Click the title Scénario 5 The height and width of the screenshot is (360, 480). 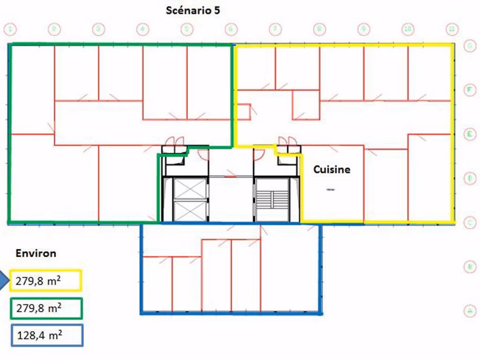[x=192, y=10]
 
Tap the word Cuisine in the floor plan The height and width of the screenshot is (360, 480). [x=332, y=170]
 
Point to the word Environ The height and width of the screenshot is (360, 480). [x=36, y=254]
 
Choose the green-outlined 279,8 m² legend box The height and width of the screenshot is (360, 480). [x=45, y=308]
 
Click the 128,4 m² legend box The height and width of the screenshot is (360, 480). [x=46, y=336]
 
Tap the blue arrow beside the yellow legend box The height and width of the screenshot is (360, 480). [x=4, y=281]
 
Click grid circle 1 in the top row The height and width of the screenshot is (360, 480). [x=10, y=29]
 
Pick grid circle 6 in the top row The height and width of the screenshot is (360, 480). [x=231, y=29]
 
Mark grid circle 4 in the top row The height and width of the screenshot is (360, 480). [x=142, y=29]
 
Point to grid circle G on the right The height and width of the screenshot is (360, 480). [x=469, y=46]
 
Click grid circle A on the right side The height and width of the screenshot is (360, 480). [x=469, y=310]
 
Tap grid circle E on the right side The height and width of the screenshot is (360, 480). [x=469, y=134]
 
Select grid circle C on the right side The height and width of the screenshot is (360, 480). [x=469, y=222]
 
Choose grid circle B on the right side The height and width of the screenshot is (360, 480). [x=469, y=266]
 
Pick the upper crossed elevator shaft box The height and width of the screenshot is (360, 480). [x=190, y=188]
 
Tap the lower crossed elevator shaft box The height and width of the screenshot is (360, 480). [x=190, y=211]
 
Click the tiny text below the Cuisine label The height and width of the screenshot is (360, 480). [x=330, y=189]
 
